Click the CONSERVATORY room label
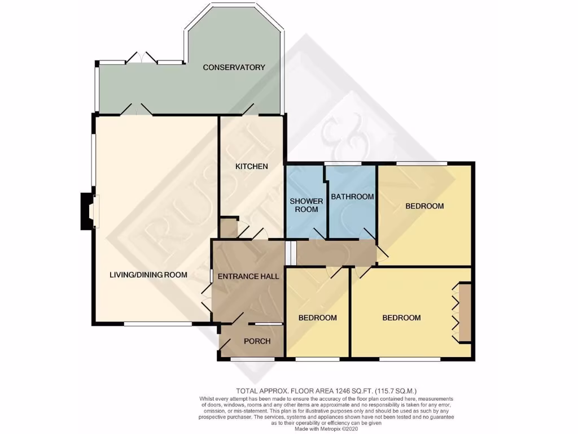(234, 67)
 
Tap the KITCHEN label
(251, 166)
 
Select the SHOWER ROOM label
(306, 205)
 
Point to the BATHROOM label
(352, 197)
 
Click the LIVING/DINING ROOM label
(148, 275)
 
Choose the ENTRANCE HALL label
(248, 277)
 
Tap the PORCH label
(257, 341)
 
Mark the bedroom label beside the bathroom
(424, 206)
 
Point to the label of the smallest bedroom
(317, 318)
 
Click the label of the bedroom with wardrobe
(401, 318)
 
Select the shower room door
(318, 233)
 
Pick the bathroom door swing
(367, 233)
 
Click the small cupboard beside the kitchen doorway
(229, 227)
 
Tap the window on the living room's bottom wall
(157, 324)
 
